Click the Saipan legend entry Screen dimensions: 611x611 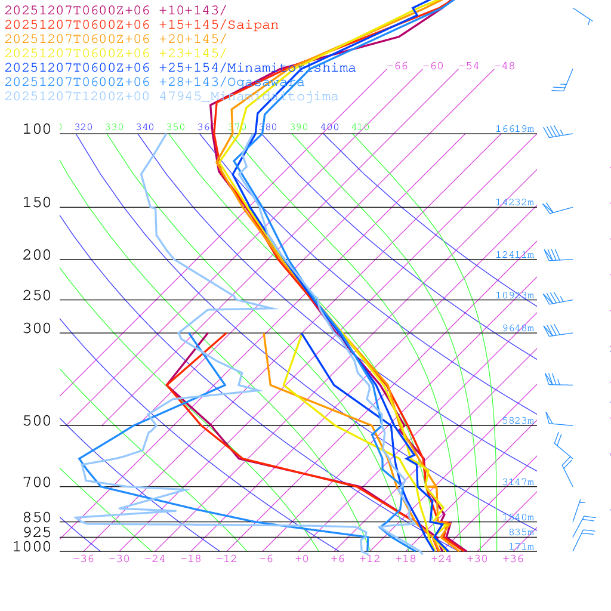(x=141, y=25)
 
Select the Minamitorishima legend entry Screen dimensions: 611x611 (x=180, y=68)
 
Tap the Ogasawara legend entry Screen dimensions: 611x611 (x=155, y=82)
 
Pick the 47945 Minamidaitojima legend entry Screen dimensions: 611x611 (x=171, y=97)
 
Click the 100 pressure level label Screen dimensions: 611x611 (x=37, y=129)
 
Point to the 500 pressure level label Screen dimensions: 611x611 (x=37, y=421)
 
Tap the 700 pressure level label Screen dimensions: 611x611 (x=37, y=482)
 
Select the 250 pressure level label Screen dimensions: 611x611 (x=37, y=296)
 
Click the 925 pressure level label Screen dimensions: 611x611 (x=37, y=532)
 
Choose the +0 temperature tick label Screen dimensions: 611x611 (x=301, y=558)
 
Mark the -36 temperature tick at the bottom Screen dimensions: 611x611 (x=83, y=558)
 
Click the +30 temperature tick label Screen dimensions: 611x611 (x=477, y=558)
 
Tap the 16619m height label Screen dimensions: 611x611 (x=514, y=129)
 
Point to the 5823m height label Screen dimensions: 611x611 (x=517, y=421)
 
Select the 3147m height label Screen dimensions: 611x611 (x=517, y=482)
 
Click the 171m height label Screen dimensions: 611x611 (x=521, y=547)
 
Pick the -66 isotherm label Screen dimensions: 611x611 (x=397, y=66)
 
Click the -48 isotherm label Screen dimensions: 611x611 (x=504, y=66)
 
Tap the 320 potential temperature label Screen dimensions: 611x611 (x=83, y=127)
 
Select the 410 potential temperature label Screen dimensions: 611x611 (x=360, y=127)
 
